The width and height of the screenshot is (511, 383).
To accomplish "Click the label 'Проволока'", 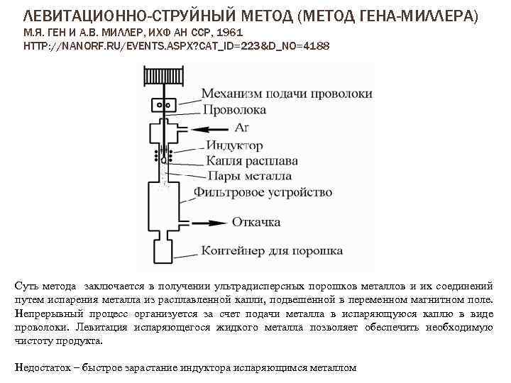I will coord(234,110).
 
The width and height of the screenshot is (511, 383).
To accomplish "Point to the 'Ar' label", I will coord(241,128).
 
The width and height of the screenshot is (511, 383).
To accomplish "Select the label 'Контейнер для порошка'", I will coord(272,250).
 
